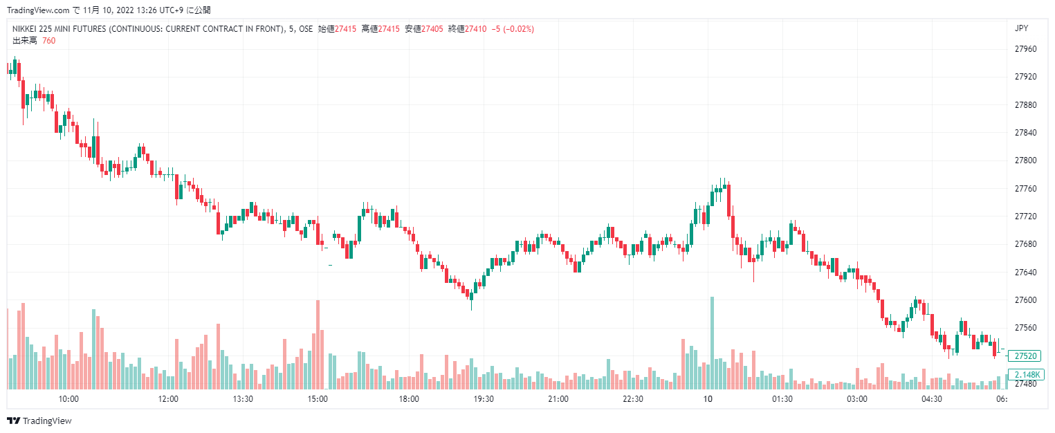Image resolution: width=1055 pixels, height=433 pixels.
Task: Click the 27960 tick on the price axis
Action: tap(1026, 49)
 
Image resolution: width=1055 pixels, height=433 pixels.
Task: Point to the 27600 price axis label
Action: tap(1026, 300)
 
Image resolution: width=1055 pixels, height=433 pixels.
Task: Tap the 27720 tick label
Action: tap(1026, 217)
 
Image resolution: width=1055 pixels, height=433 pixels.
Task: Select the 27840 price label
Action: tap(1026, 133)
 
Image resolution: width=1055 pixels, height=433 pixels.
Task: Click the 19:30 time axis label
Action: tap(483, 399)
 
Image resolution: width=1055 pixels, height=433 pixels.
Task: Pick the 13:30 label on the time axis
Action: tap(243, 399)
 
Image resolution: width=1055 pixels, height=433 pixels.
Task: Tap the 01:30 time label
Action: tap(782, 399)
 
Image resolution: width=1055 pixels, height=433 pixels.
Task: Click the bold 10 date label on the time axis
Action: tap(708, 399)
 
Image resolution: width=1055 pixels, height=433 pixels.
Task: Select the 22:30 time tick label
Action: tap(633, 399)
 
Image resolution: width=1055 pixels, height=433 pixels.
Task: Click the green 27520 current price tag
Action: tap(1026, 356)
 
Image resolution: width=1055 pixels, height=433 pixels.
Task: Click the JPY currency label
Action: tap(1020, 28)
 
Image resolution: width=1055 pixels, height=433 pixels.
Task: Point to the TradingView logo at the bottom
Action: tap(39, 421)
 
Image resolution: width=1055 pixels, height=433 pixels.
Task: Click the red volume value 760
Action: tap(48, 41)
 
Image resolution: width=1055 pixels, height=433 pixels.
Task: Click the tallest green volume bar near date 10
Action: tap(712, 342)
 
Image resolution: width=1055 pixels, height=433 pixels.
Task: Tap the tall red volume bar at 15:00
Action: tap(318, 344)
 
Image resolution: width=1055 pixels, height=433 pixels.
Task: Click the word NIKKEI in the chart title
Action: tap(27, 29)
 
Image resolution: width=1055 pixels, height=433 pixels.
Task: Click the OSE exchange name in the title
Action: tap(305, 29)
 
